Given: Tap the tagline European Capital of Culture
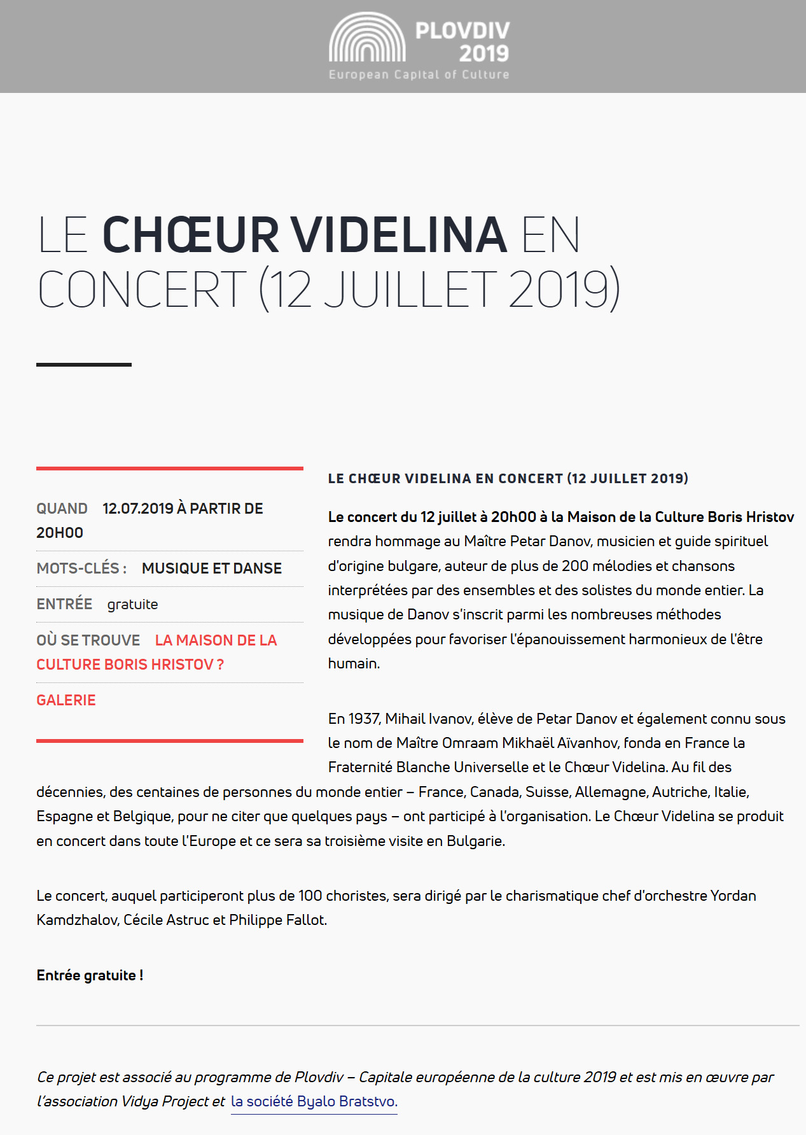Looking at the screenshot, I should (x=419, y=74).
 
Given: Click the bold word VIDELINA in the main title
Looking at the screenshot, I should (x=400, y=235).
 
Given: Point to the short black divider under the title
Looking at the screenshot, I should (x=84, y=365).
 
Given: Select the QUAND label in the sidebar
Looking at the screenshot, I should (x=62, y=509).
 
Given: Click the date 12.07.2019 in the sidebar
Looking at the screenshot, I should (x=138, y=509).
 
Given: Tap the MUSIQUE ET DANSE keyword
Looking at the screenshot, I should (x=212, y=568).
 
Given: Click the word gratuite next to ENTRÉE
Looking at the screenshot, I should (x=132, y=604).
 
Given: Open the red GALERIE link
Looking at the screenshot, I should (x=66, y=700).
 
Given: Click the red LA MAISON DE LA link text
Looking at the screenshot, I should (x=216, y=640).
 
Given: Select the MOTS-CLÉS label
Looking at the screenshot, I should (x=81, y=568).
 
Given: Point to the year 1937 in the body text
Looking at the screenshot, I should (x=364, y=719).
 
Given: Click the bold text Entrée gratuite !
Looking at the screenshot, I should (x=90, y=975).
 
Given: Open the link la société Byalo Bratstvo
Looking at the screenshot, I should (x=314, y=1101).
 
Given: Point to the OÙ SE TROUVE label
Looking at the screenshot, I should (x=88, y=640).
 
